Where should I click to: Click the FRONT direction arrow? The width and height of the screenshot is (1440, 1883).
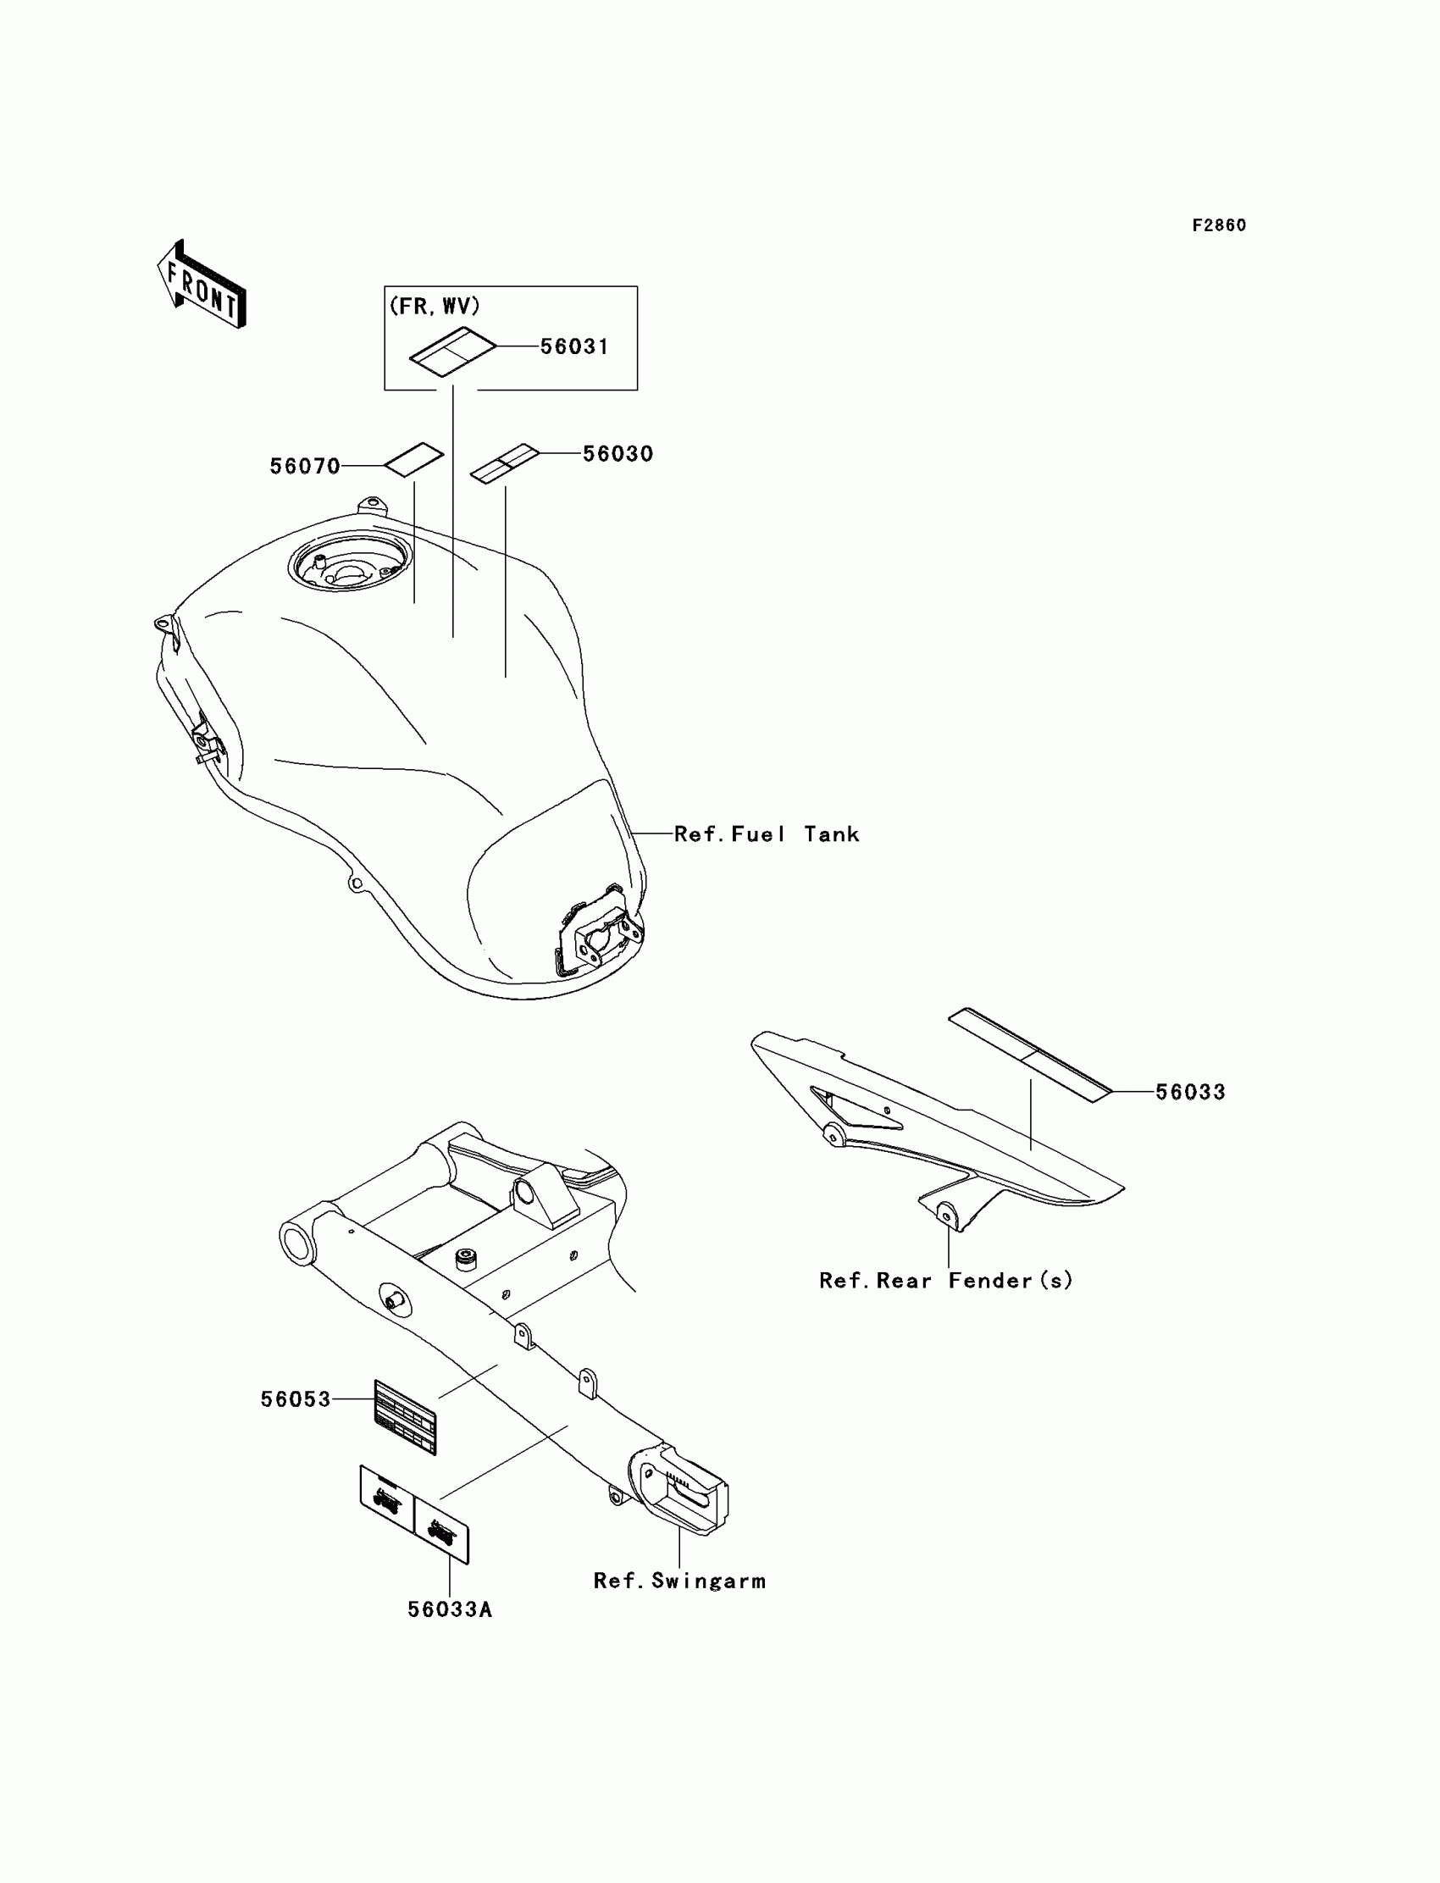click(202, 285)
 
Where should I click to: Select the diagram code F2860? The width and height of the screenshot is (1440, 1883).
click(1219, 225)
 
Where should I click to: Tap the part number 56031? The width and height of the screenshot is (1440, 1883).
click(574, 347)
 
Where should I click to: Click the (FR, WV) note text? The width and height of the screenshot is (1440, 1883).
click(435, 306)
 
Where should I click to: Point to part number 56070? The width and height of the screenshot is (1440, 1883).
click(304, 466)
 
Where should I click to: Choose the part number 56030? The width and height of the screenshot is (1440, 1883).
click(618, 454)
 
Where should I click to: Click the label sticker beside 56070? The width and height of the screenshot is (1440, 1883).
click(413, 458)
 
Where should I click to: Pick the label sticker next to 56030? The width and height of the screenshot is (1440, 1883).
click(505, 463)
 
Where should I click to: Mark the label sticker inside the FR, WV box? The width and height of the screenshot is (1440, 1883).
click(452, 352)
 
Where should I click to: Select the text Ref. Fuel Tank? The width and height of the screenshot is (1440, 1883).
click(767, 834)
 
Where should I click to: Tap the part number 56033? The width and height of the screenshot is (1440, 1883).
click(1191, 1092)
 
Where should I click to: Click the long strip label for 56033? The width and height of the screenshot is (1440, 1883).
click(1029, 1055)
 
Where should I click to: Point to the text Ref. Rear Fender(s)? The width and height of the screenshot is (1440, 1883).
click(945, 1281)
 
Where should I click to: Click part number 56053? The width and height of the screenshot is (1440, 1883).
click(296, 1399)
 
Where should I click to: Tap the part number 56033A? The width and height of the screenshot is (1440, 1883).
click(450, 1609)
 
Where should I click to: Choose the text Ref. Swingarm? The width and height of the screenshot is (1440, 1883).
click(679, 1581)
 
